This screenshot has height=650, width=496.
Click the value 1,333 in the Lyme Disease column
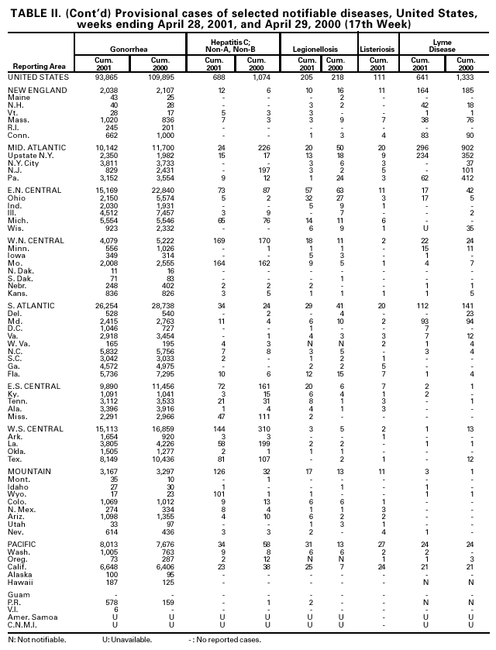[465, 77]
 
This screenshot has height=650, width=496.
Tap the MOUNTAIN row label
[29, 470]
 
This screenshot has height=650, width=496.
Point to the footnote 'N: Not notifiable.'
[36, 640]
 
